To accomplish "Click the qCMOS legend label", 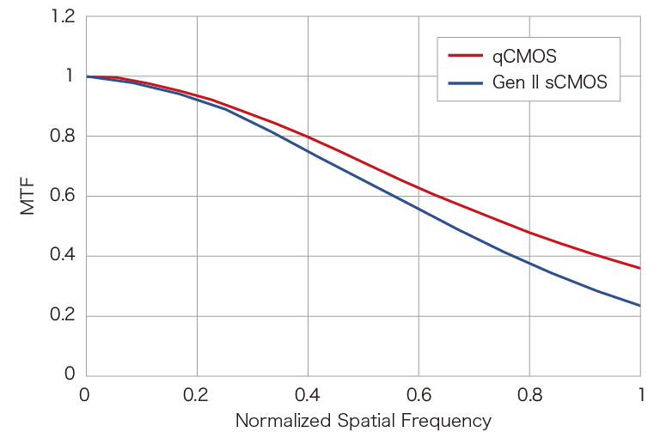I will [x=524, y=57].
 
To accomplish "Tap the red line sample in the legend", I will [x=466, y=57].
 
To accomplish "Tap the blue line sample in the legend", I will [x=466, y=83].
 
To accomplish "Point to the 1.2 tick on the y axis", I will [x=63, y=17].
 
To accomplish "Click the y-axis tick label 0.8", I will [x=63, y=137].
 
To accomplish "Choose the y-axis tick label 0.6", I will [x=63, y=196].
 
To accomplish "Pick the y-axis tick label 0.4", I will [x=63, y=256].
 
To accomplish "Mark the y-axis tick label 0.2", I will [x=63, y=315].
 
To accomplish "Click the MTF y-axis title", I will [x=28, y=196].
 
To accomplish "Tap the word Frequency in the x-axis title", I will [x=447, y=421].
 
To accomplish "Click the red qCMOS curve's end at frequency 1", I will [x=639, y=268].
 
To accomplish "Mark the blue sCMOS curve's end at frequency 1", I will [x=639, y=305].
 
